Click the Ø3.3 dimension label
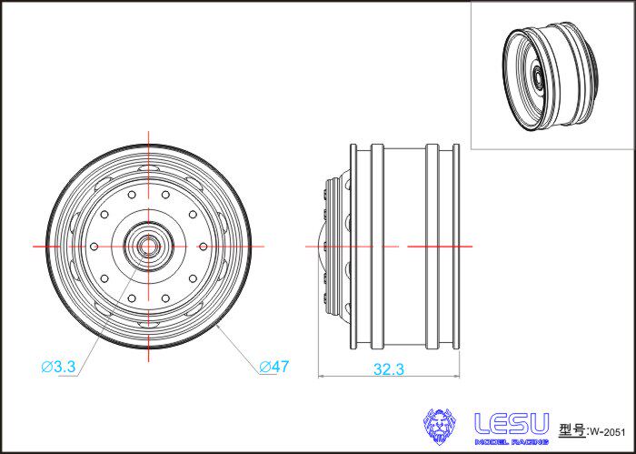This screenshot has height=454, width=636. [59, 367]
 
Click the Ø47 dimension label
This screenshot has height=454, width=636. [274, 367]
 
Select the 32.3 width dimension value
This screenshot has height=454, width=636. [389, 369]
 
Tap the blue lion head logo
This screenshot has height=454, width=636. [439, 427]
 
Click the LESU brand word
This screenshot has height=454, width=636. [512, 424]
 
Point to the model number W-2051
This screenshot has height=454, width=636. [608, 432]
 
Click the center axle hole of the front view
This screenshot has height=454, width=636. [148, 246]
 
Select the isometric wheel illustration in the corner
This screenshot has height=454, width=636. [551, 76]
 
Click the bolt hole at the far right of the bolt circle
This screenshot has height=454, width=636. [204, 246]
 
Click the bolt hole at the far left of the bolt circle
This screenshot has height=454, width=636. [94, 246]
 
